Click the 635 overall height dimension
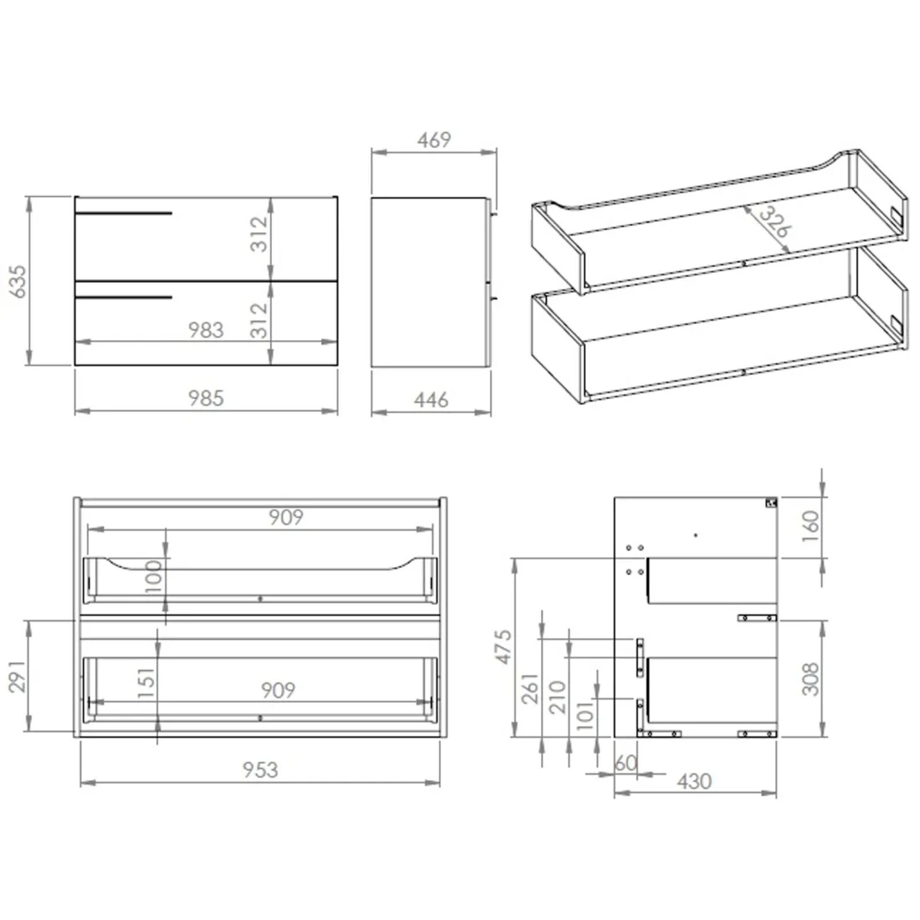tap(18, 281)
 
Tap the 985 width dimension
tap(206, 398)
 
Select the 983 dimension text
tap(206, 330)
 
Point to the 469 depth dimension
tap(434, 140)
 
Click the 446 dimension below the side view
tap(431, 400)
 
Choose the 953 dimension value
tap(260, 769)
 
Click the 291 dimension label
tap(18, 676)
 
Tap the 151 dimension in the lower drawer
tap(147, 683)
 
